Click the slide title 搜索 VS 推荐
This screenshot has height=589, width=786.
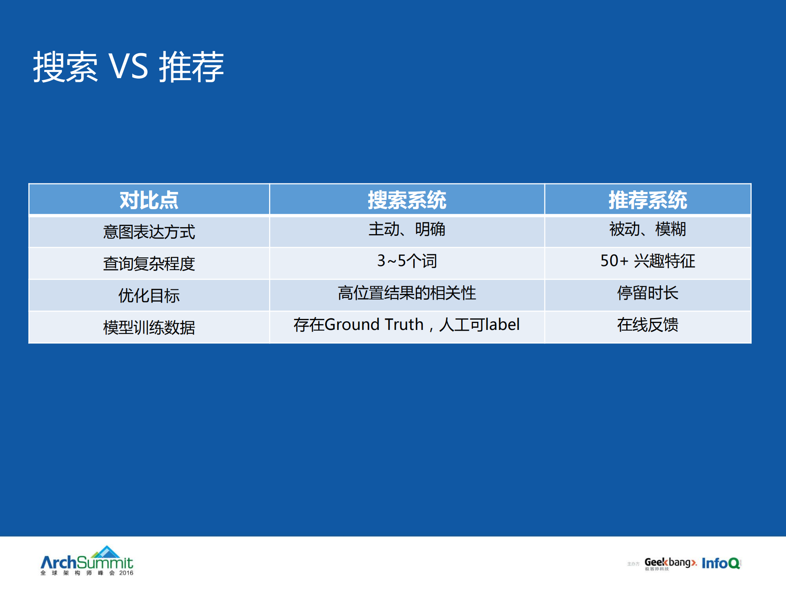click(x=128, y=67)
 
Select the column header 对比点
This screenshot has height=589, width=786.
click(x=149, y=200)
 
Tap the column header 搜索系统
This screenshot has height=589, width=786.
click(x=407, y=200)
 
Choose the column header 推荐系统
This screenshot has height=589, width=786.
click(x=648, y=200)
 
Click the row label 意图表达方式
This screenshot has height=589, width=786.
click(x=149, y=232)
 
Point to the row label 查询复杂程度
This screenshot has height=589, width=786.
click(x=149, y=263)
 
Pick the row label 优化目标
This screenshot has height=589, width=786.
click(x=149, y=295)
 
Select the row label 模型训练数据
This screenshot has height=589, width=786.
click(x=149, y=327)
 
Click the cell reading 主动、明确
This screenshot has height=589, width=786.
click(x=407, y=229)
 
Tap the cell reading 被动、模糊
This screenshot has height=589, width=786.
click(x=648, y=229)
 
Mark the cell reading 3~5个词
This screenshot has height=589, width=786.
click(x=407, y=261)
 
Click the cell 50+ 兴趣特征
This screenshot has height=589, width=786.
click(x=648, y=261)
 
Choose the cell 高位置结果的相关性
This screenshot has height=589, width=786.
click(x=407, y=293)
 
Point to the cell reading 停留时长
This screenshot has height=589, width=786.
click(x=648, y=293)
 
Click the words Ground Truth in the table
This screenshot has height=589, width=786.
click(x=374, y=325)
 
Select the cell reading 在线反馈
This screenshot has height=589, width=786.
click(x=648, y=325)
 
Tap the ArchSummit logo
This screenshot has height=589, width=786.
click(x=87, y=559)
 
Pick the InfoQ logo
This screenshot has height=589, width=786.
click(x=721, y=563)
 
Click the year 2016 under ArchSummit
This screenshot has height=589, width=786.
click(x=126, y=573)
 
